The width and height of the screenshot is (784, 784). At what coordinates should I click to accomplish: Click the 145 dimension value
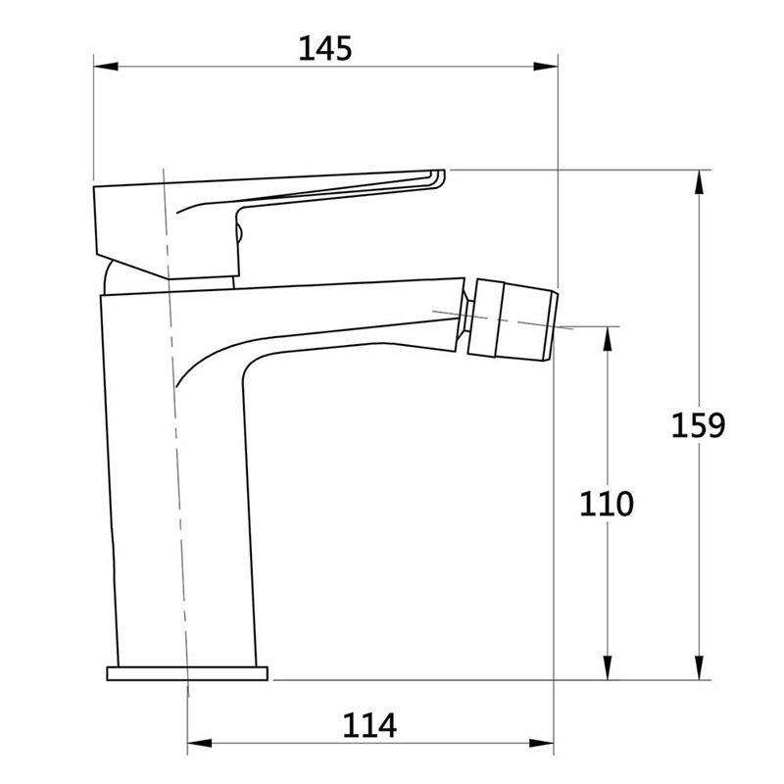click(x=325, y=49)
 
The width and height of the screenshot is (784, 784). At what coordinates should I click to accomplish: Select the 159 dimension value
click(x=698, y=425)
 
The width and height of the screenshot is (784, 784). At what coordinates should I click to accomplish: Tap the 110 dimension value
click(x=607, y=504)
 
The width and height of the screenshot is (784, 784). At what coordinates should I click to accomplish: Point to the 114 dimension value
click(x=369, y=725)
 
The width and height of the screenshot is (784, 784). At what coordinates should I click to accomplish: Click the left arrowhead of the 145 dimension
click(x=106, y=67)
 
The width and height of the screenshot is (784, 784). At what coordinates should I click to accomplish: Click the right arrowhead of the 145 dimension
click(x=546, y=67)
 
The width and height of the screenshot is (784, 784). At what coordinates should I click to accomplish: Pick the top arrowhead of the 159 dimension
click(x=700, y=182)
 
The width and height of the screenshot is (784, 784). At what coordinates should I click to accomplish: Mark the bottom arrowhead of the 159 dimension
click(x=700, y=667)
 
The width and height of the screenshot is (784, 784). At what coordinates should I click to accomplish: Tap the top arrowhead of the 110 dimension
click(x=608, y=339)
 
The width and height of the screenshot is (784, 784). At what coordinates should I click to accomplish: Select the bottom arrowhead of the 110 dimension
click(x=608, y=667)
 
